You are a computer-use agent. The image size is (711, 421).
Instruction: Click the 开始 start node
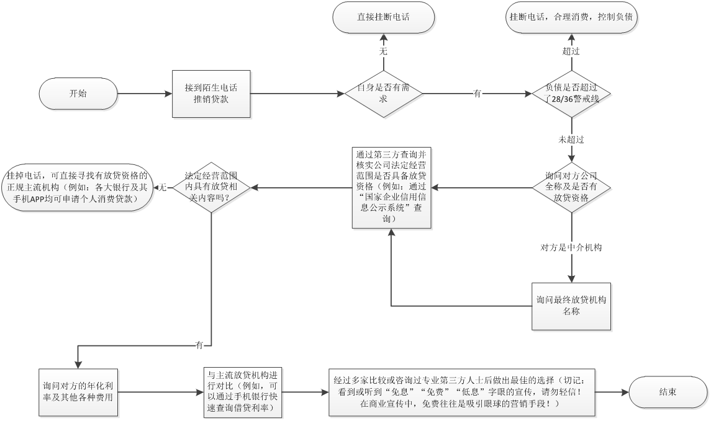[x=78, y=94]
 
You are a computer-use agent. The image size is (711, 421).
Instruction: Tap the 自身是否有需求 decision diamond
[x=383, y=94]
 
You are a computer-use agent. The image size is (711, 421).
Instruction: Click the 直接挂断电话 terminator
[x=383, y=18]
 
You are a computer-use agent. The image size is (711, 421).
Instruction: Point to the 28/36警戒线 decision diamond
[x=571, y=94]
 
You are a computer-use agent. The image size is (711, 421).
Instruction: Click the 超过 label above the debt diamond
[x=571, y=51]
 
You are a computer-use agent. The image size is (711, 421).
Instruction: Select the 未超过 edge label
[x=571, y=140]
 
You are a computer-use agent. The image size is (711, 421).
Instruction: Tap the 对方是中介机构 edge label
[x=571, y=247]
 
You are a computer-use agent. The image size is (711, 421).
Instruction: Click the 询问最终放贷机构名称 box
[x=571, y=306]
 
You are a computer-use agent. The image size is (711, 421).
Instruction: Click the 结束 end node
[x=668, y=392]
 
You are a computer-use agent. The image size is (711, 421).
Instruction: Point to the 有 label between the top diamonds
[x=477, y=94]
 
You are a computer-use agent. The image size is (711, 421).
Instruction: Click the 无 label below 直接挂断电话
[x=383, y=52]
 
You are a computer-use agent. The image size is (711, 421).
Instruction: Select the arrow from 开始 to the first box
[x=144, y=94]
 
